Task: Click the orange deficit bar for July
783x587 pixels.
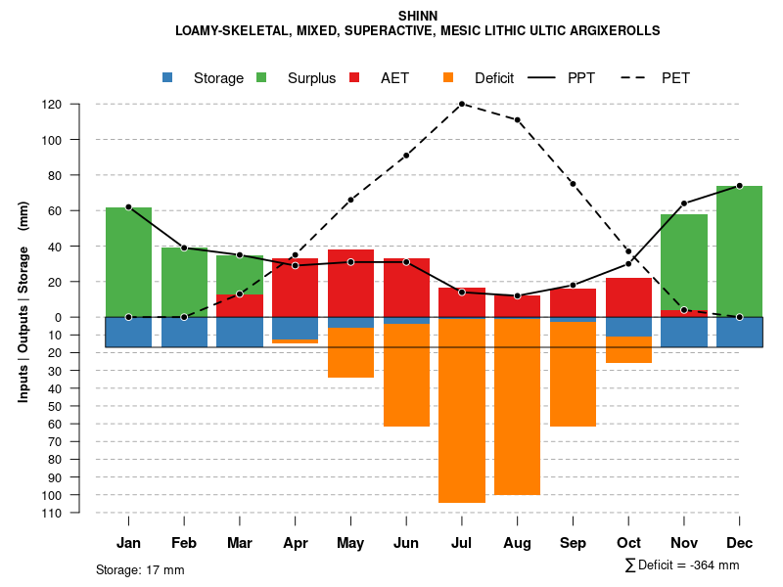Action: coord(462,410)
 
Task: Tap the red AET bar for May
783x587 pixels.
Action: coord(350,283)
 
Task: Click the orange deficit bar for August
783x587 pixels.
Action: coord(517,406)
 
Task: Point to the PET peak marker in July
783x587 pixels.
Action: coord(461,104)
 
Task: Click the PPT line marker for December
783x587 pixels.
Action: coord(739,185)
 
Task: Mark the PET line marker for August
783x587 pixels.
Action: coord(517,120)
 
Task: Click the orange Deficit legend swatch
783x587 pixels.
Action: coord(449,78)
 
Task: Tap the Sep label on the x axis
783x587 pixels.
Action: coord(573,543)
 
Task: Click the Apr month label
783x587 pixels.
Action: coord(295,543)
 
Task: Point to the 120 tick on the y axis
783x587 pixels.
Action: coord(79,105)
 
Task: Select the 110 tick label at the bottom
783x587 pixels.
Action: coord(79,513)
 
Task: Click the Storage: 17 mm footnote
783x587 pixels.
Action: coord(140,569)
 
